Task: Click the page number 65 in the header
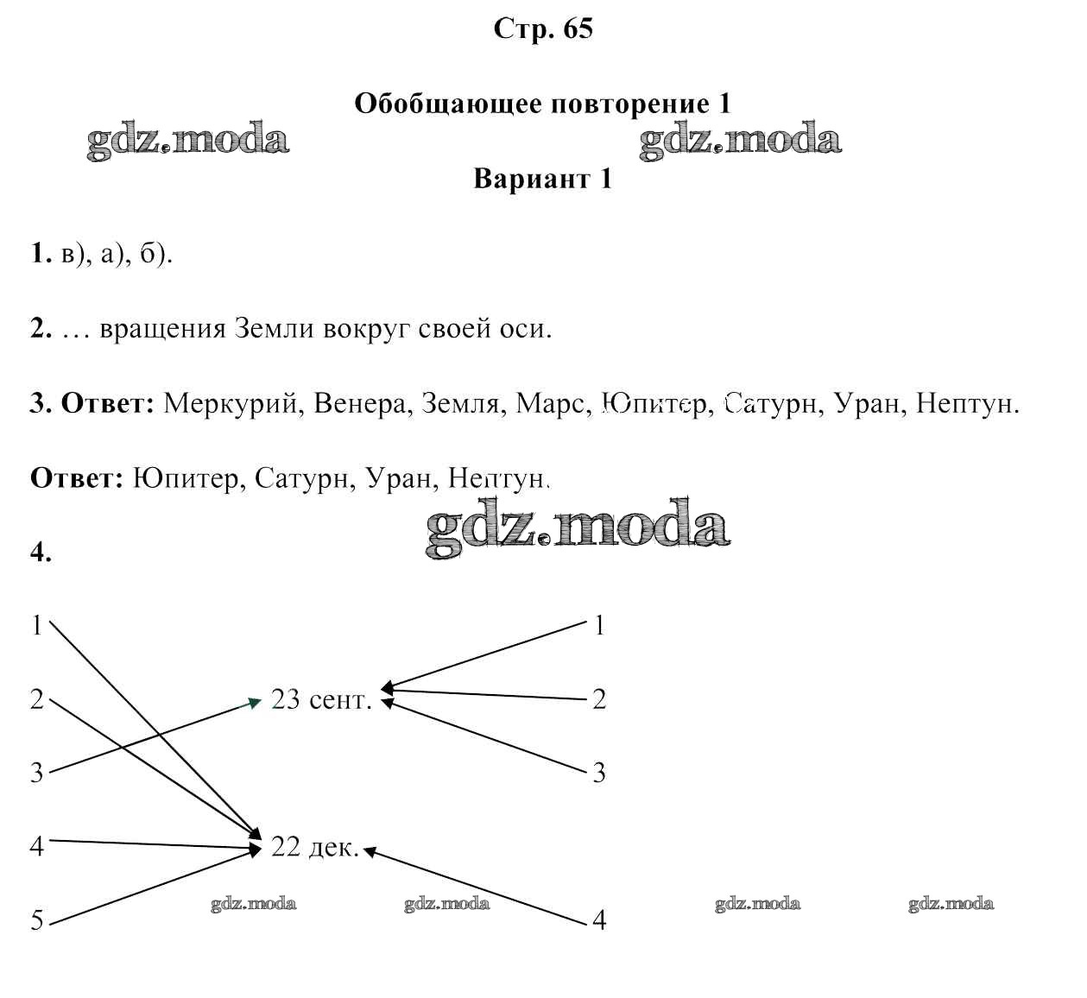tap(578, 28)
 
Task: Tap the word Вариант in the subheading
tap(532, 179)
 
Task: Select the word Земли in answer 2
tap(275, 329)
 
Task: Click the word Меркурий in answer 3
tap(231, 404)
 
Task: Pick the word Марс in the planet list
tap(553, 404)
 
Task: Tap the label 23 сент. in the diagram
tap(322, 700)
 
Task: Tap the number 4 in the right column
tap(599, 920)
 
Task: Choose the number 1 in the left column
tap(37, 626)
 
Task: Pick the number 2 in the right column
tap(599, 700)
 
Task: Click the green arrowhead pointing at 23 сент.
tap(256, 704)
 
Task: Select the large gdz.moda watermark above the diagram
tap(578, 528)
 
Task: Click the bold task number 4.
tap(41, 553)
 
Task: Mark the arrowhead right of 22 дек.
tap(370, 851)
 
